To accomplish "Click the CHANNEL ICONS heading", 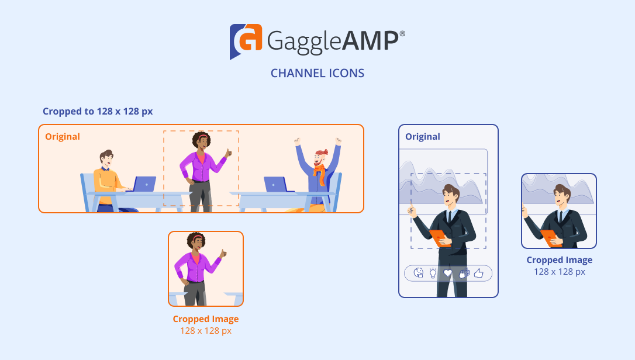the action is click(317, 73).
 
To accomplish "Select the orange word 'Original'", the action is click(63, 137).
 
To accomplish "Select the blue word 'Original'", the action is click(423, 137).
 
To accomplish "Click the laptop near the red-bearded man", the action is click(277, 184).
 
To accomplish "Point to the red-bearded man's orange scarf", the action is click(320, 173).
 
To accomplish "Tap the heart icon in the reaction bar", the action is click(447, 274).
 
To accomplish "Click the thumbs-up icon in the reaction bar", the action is click(479, 274).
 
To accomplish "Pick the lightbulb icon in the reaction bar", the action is click(433, 273).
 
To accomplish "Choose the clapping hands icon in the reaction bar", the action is click(464, 274).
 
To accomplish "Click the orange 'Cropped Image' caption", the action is click(206, 319).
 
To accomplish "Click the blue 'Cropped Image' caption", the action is click(559, 260).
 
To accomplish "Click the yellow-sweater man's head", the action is click(106, 158).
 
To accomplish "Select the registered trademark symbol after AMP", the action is click(402, 34).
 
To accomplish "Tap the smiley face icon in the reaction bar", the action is click(418, 273).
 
